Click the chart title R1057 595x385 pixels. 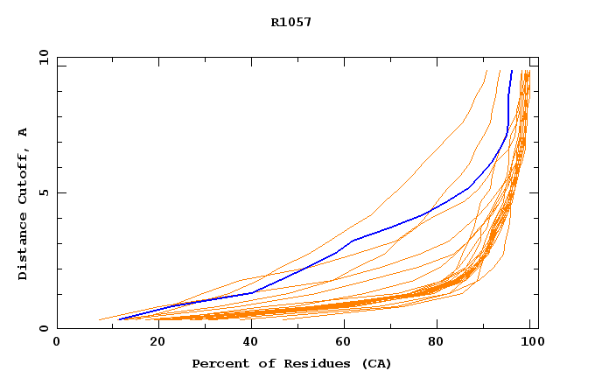click(x=291, y=22)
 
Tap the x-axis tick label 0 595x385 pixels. click(x=57, y=342)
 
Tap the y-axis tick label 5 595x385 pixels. click(x=44, y=192)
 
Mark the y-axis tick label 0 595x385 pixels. click(x=44, y=328)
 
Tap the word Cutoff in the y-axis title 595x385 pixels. click(x=23, y=179)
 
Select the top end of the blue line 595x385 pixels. click(x=512, y=71)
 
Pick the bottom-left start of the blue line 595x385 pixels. click(x=119, y=319)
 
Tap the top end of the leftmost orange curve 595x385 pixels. click(x=486, y=71)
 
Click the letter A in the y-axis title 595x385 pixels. click(x=23, y=132)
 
